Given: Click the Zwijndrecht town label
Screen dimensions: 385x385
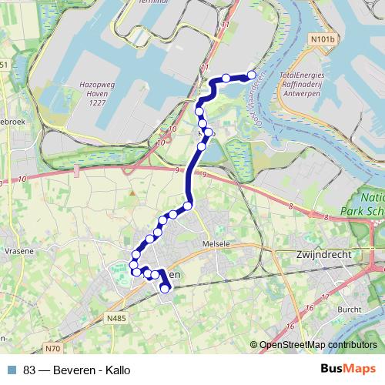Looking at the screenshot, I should (324, 253).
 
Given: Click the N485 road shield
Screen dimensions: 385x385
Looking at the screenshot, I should (117, 317).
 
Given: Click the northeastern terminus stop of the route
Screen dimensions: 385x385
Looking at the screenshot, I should (252, 75).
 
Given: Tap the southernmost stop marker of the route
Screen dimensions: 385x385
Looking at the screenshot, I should (165, 289).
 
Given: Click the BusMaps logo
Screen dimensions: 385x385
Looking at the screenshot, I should (347, 369).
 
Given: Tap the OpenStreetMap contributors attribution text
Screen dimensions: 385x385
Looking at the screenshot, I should (317, 345).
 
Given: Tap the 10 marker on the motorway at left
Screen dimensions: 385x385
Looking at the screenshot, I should (22, 179).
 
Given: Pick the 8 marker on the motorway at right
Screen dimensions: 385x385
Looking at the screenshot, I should (292, 206).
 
